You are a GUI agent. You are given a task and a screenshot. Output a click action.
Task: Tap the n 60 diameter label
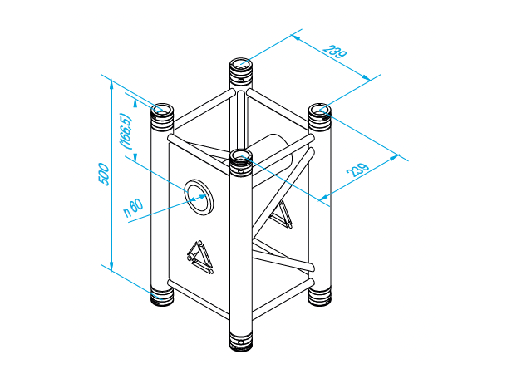(133, 207)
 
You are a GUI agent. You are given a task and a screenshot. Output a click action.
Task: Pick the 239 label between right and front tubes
(359, 171)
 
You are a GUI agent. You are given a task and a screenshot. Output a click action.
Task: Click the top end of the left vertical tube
(161, 110)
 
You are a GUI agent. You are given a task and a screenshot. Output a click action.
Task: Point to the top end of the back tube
(241, 64)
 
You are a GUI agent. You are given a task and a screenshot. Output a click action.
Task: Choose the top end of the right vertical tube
(320, 110)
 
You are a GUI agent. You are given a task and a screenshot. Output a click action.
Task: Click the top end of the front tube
(241, 156)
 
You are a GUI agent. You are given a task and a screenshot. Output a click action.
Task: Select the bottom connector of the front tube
(240, 341)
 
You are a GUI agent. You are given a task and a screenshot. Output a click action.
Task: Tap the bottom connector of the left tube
(161, 294)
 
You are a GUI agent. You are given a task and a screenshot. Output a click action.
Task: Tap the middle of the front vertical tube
(240, 249)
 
